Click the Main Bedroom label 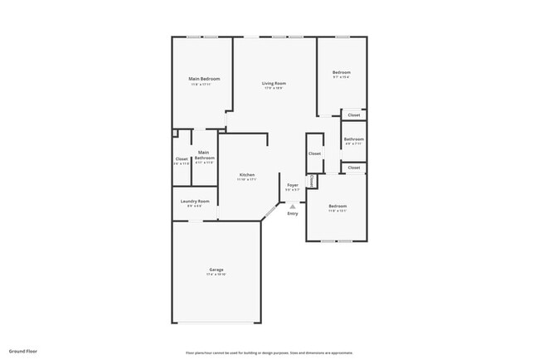pos(203,79)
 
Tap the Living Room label pos(274,84)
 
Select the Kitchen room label pos(247,174)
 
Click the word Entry pos(292,214)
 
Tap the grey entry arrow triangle pos(292,206)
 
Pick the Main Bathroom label pos(204,155)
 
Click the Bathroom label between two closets pos(354,139)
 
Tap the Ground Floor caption pos(23,351)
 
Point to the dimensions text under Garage pos(216,276)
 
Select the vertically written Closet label pos(311,180)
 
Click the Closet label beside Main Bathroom pos(182,158)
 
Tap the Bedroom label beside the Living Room pos(342,73)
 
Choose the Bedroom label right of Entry pos(337,206)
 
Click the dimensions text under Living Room pos(274,89)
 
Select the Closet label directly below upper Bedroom pos(354,114)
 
